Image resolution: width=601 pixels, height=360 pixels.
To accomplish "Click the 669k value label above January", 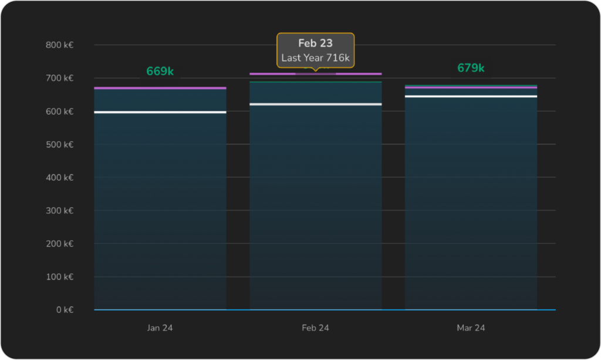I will coord(160,72).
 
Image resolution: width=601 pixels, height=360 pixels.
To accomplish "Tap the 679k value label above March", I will coord(471,68).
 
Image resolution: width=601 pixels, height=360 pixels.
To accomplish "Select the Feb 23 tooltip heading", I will coord(315,43).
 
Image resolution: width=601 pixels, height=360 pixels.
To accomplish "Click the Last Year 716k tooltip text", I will coord(315,58).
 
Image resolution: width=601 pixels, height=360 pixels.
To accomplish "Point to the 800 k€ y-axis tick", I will coord(59,45).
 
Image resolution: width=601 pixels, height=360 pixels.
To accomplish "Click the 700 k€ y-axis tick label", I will coord(59,78).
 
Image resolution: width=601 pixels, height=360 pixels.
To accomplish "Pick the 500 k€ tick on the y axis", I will coord(59,144).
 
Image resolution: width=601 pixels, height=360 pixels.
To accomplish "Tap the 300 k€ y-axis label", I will coord(59,210).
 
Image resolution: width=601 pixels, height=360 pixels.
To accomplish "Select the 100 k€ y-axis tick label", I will coord(59,277).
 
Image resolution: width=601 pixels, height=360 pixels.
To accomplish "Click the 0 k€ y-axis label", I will coord(63,309).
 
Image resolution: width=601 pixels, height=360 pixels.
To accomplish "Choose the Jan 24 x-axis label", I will coord(160,328).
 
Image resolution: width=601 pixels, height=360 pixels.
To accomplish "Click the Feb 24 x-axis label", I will coord(315,328).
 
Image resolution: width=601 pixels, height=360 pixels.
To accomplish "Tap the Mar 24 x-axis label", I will coord(471,328).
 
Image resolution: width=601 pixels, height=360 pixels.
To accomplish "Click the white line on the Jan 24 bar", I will coord(160,112).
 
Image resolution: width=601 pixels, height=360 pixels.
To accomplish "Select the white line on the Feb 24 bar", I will coord(315,104).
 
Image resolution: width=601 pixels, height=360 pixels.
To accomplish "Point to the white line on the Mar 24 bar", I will coord(471,96).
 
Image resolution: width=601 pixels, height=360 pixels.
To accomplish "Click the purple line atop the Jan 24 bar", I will coord(160,88).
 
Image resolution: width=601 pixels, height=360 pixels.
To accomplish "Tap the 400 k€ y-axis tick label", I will coord(59,177).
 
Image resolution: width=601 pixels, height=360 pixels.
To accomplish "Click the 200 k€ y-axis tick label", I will coord(59,244).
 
